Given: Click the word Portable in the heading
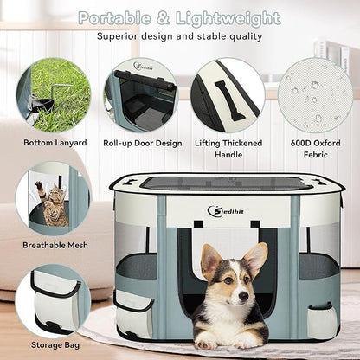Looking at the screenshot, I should [x=116, y=18].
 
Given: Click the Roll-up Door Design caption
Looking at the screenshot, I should [x=142, y=142].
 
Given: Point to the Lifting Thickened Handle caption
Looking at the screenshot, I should [x=228, y=148].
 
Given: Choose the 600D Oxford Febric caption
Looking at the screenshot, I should [x=315, y=148].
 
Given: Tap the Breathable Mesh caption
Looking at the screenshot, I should [x=54, y=246].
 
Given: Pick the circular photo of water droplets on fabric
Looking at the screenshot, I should [x=314, y=95].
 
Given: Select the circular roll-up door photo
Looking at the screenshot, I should [x=141, y=95].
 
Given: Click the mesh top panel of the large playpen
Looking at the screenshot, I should [x=227, y=183].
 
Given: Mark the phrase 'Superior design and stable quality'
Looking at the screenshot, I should [x=180, y=37].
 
